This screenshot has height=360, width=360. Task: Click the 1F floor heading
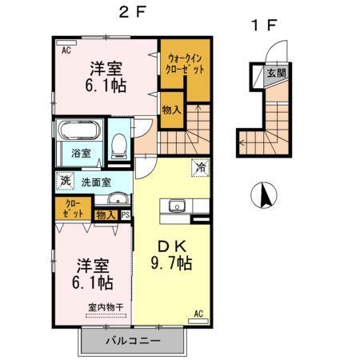pyautogui.click(x=263, y=25)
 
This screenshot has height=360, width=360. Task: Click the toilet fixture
pyautogui.click(x=119, y=145)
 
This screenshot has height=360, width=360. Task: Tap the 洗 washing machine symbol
pyautogui.click(x=65, y=182)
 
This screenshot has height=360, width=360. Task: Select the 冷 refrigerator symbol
pyautogui.click(x=198, y=169)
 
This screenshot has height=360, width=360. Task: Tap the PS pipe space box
pyautogui.click(x=125, y=214)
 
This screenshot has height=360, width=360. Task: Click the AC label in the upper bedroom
pyautogui.click(x=66, y=49)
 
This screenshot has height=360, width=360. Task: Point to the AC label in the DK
pyautogui.click(x=198, y=314)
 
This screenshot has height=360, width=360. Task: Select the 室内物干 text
pyautogui.click(x=106, y=306)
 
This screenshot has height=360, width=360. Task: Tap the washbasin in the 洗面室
pyautogui.click(x=117, y=200)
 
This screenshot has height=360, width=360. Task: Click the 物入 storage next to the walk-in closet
pyautogui.click(x=171, y=110)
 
